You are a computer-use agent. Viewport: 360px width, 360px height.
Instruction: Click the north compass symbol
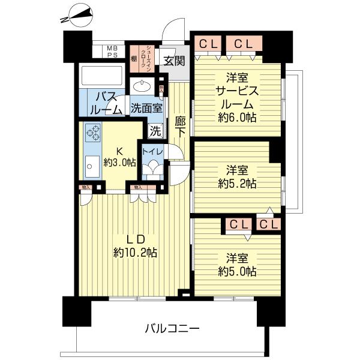click(x=77, y=15)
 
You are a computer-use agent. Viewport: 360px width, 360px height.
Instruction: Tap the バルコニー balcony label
click(x=172, y=329)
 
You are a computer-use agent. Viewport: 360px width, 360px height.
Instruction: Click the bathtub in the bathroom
click(x=101, y=76)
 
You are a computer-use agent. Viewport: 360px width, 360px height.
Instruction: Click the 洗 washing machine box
click(x=154, y=130)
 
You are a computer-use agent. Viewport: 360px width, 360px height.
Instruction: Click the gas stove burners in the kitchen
click(x=93, y=131)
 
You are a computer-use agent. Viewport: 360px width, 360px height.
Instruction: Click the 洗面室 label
click(x=146, y=109)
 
